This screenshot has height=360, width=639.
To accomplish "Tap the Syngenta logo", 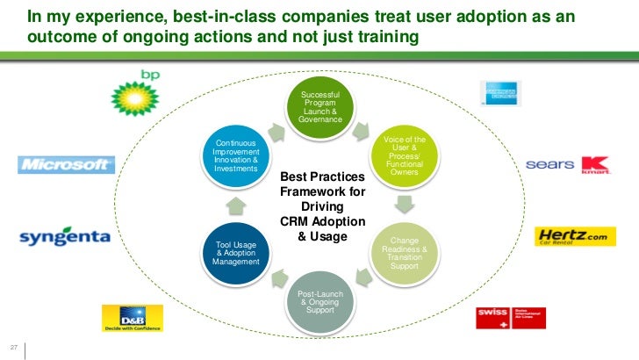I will click(x=65, y=237).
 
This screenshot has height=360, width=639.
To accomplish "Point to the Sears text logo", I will click(x=551, y=164).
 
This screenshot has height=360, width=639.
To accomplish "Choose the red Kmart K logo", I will click(x=596, y=164).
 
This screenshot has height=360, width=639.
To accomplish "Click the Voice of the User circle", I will click(x=405, y=155).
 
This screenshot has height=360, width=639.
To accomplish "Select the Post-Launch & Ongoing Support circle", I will click(x=319, y=304).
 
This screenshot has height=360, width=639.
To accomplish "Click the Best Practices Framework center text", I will click(x=321, y=206).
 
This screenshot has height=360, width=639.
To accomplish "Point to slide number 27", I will click(x=14, y=343).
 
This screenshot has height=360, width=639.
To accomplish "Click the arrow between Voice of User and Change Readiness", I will click(x=405, y=205).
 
